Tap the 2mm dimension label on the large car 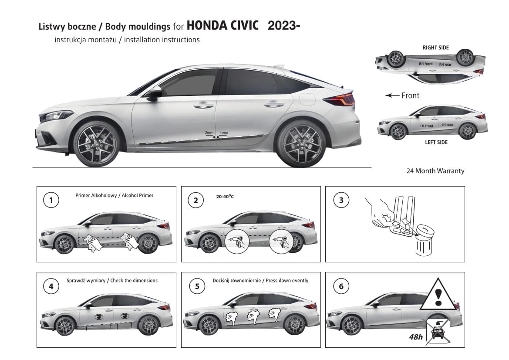(209, 133)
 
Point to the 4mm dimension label (224, 133)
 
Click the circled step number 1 (51, 200)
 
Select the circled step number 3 (341, 200)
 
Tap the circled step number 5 (197, 286)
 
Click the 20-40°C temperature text (225, 196)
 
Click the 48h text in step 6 (416, 337)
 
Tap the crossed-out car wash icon (438, 331)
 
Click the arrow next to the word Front (392, 95)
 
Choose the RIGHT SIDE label (436, 48)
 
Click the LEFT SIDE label (436, 143)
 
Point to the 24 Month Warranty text (435, 171)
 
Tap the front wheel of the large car (97, 144)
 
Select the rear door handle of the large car (273, 104)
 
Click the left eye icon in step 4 (99, 316)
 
